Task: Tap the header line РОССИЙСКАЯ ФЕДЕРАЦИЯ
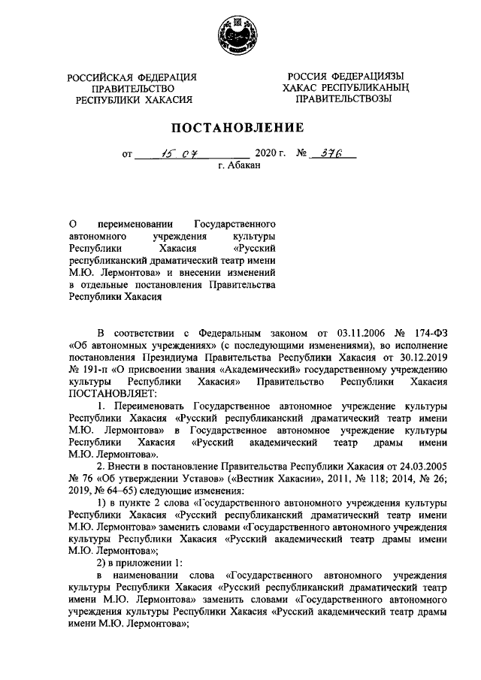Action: (132, 77)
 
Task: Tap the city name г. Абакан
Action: (239, 166)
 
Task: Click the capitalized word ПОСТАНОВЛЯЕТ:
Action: (112, 394)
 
